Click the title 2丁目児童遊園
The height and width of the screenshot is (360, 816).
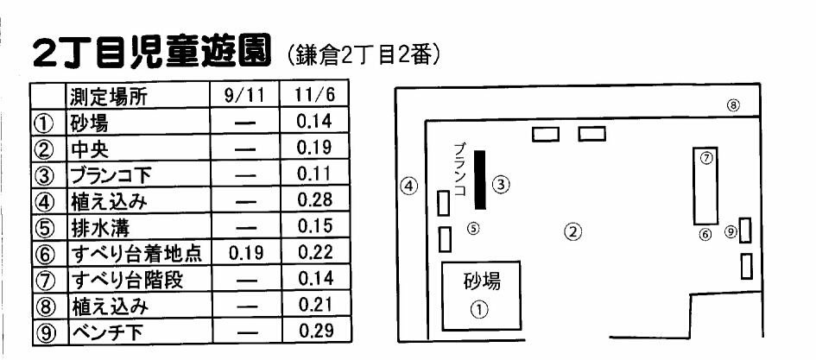click(x=149, y=54)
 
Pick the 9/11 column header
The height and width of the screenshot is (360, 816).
click(x=244, y=97)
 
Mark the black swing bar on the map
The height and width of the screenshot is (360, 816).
click(x=480, y=180)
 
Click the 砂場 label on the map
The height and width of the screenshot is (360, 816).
click(x=481, y=281)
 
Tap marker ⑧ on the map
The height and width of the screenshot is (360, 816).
click(x=732, y=106)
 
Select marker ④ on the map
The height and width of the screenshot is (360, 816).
click(x=409, y=185)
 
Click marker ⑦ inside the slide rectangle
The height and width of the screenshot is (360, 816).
click(x=706, y=159)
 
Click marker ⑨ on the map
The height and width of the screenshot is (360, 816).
click(x=731, y=231)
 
